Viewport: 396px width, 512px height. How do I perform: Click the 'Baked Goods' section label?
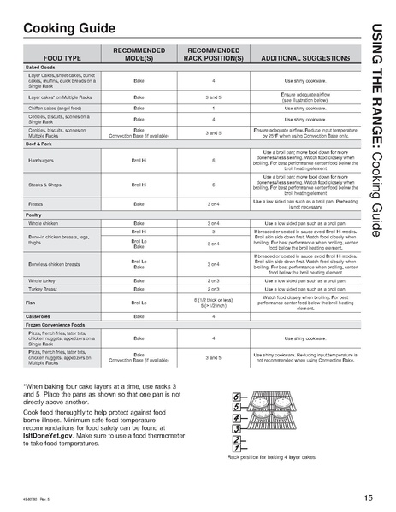[x=41, y=67]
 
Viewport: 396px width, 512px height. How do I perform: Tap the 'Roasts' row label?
[x=38, y=203]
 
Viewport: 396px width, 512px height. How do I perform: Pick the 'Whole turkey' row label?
[x=44, y=280]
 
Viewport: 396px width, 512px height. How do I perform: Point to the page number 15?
[x=366, y=497]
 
